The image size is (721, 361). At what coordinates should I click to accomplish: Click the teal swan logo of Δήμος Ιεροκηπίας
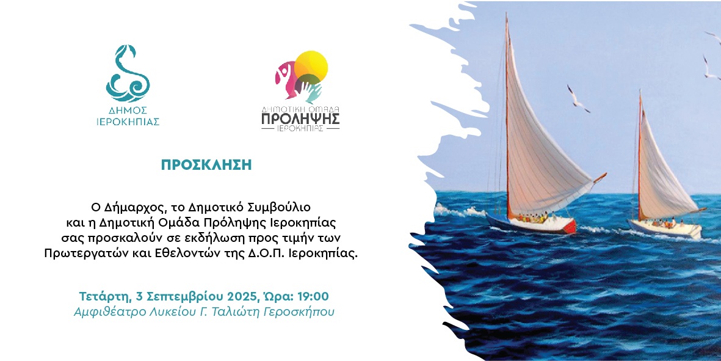(128, 73)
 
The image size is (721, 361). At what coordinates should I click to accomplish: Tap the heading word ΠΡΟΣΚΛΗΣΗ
(206, 165)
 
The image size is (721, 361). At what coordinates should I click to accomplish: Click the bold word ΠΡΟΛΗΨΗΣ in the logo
(300, 119)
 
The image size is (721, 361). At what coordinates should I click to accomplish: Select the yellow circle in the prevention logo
(311, 66)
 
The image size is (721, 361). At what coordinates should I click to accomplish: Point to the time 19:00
(313, 296)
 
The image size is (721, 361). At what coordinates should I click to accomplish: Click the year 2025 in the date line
(239, 296)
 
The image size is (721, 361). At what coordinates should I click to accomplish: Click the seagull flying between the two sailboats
(578, 99)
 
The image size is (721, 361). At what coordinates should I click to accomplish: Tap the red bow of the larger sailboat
(570, 226)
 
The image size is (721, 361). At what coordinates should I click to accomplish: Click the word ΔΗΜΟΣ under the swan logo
(128, 111)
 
